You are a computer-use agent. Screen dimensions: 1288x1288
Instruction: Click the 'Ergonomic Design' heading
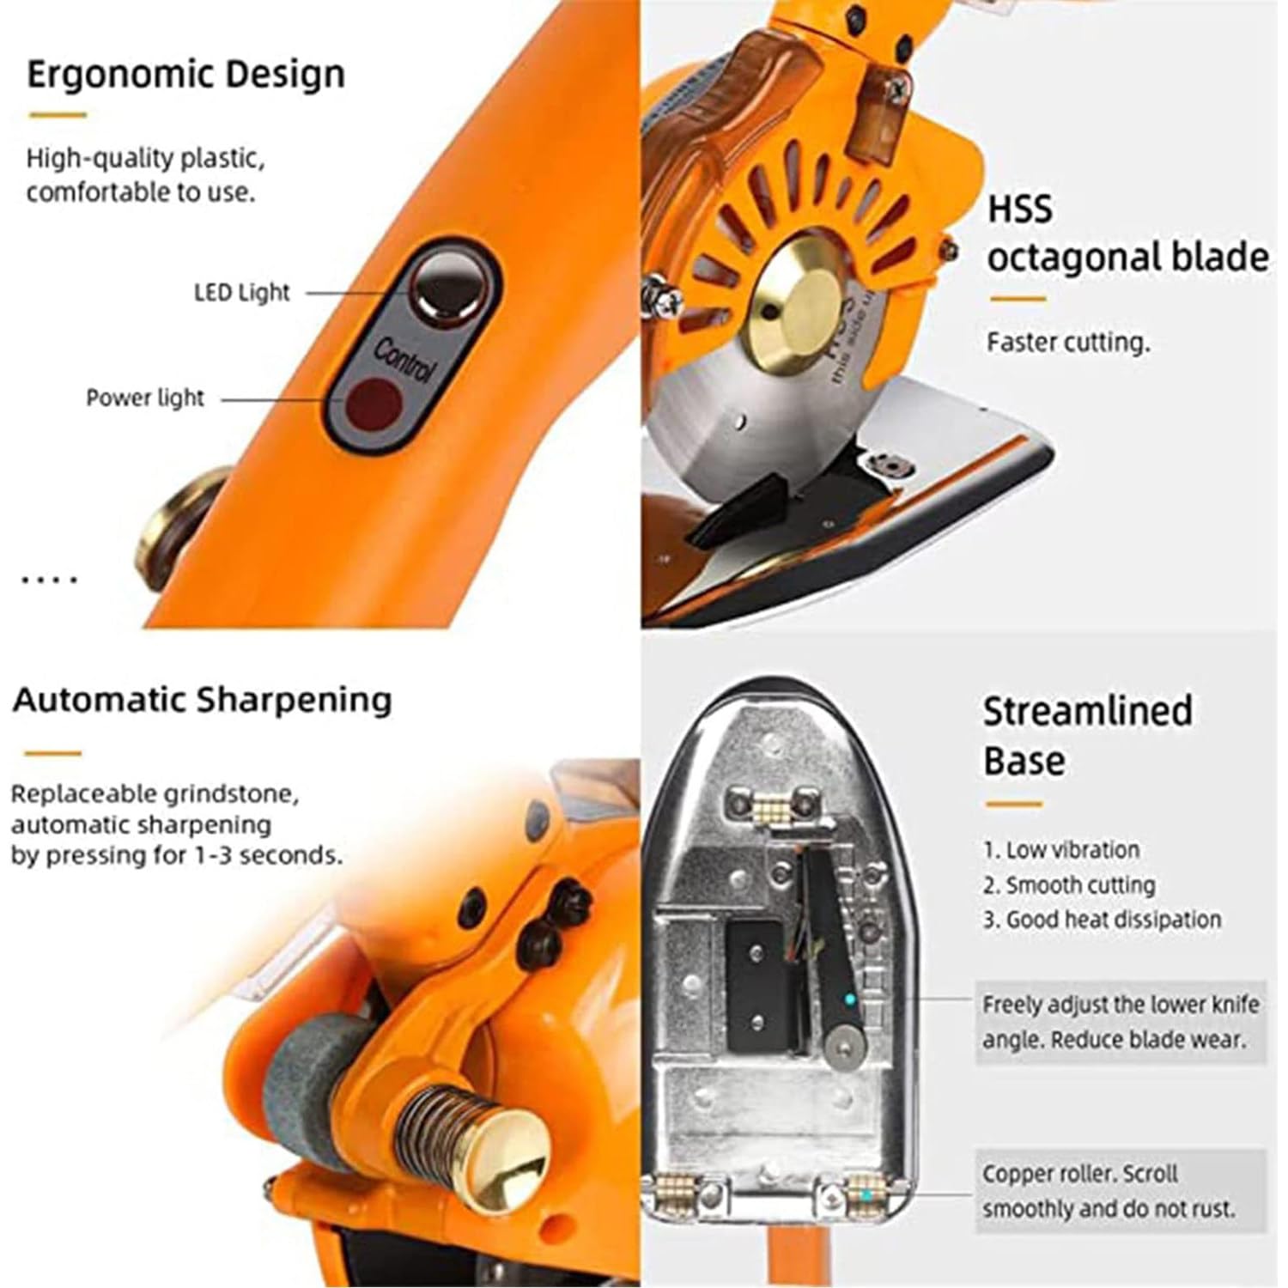point(185,74)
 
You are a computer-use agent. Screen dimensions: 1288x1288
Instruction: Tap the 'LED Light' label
point(242,292)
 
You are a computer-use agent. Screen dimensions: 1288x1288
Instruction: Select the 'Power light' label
point(145,398)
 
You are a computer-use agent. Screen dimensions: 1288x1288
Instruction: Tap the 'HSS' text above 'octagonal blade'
point(1020,210)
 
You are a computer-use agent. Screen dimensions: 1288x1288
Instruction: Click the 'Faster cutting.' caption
point(1068,343)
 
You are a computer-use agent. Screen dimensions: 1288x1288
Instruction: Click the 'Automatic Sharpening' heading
point(203,700)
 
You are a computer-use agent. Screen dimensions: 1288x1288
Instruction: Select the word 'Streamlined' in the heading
point(1088,712)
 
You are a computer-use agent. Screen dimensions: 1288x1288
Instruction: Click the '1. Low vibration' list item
point(1061,850)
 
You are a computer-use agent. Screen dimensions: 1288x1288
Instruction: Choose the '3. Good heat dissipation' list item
point(1103,920)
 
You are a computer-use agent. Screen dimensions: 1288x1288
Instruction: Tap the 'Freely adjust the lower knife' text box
point(1121,1022)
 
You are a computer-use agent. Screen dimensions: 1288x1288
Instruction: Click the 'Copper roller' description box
point(1121,1191)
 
